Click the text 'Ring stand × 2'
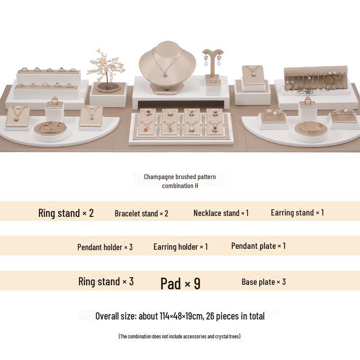[66, 213]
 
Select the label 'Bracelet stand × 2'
[141, 213]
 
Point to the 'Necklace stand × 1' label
[221, 213]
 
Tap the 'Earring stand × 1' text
[297, 212]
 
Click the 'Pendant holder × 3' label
[105, 247]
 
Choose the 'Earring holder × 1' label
[180, 247]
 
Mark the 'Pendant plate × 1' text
[258, 246]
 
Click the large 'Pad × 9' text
[180, 283]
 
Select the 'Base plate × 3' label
[264, 282]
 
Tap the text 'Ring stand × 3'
[106, 281]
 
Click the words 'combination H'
[180, 185]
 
